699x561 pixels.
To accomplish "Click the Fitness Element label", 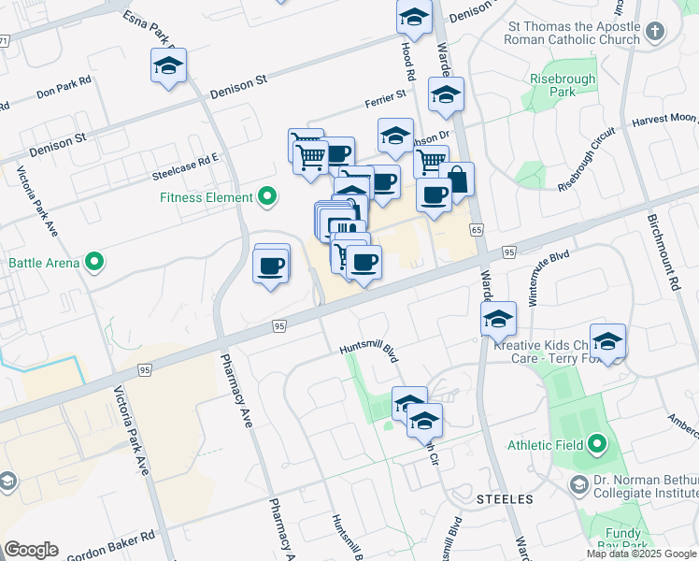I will pyautogui.click(x=207, y=197).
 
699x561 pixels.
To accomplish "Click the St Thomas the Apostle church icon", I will pyautogui.click(x=655, y=32).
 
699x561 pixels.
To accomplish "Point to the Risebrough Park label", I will pyautogui.click(x=563, y=86).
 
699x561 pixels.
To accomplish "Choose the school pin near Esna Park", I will pyautogui.click(x=169, y=65).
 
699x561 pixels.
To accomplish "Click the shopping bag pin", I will pyautogui.click(x=457, y=179).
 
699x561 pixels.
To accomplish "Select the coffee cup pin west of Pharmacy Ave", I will pyautogui.click(x=271, y=265).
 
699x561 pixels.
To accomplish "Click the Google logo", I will pyautogui.click(x=31, y=550).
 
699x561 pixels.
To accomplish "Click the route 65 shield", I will pyautogui.click(x=477, y=230).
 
